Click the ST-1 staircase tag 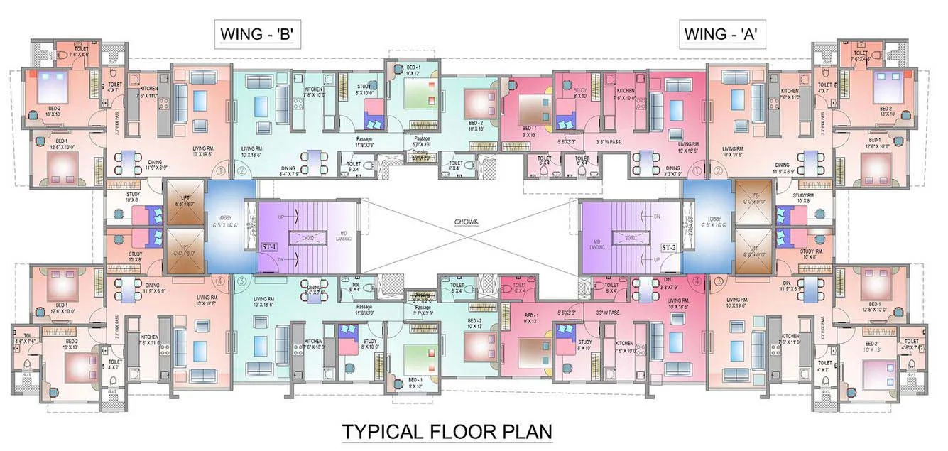268,247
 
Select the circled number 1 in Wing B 221,170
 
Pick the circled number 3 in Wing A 719,281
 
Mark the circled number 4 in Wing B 221,281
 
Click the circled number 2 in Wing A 719,170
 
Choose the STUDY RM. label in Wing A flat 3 810,251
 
